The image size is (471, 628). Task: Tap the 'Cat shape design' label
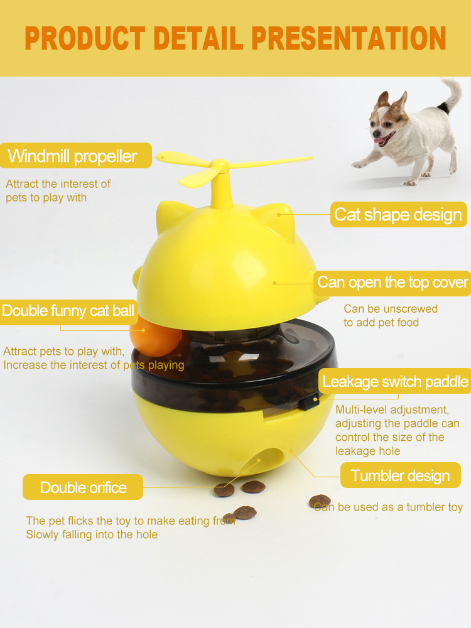(399, 214)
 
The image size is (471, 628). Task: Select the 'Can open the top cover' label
(392, 283)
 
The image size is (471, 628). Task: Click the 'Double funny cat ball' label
(68, 311)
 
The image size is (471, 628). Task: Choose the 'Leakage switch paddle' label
(395, 381)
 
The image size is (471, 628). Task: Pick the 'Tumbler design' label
(401, 475)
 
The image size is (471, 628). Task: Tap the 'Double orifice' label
(83, 487)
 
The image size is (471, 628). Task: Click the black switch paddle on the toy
(310, 402)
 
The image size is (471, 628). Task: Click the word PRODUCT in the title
(85, 38)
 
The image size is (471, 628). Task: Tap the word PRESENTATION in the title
(349, 38)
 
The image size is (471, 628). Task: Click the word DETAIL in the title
(198, 38)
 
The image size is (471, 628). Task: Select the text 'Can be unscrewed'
(391, 309)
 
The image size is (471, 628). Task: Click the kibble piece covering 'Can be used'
(320, 501)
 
